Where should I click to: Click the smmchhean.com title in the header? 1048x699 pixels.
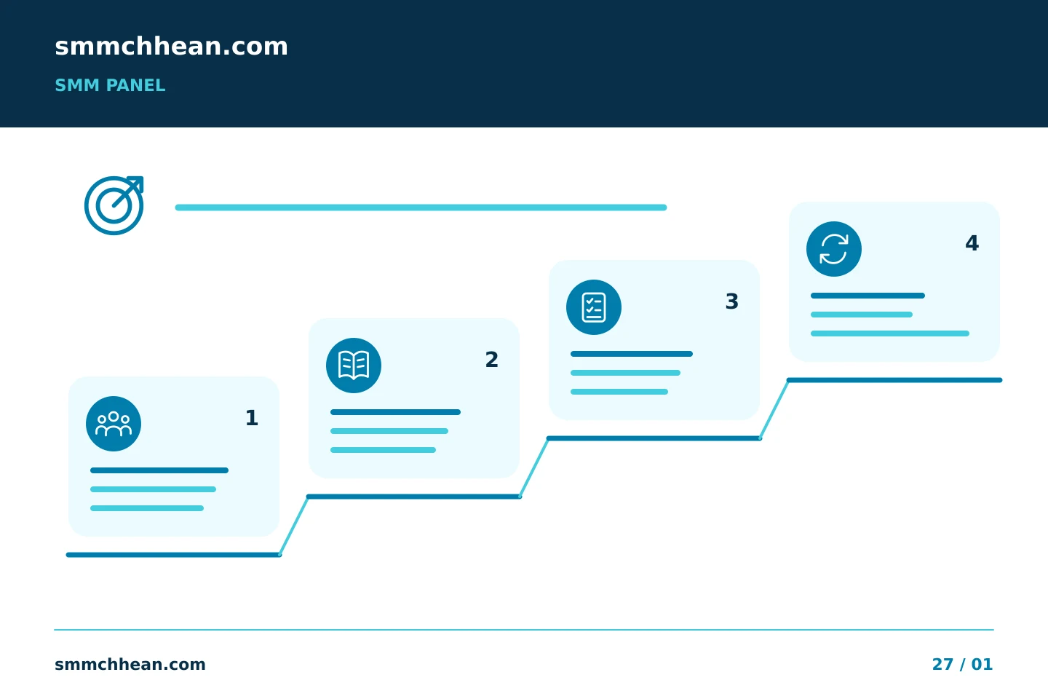click(x=171, y=47)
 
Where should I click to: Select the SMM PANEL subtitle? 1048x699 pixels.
click(x=110, y=85)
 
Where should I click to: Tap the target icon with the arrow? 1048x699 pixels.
click(x=114, y=205)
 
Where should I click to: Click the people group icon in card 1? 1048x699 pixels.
click(x=114, y=424)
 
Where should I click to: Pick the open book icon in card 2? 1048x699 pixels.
click(x=354, y=366)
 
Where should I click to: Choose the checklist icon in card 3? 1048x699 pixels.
click(x=594, y=307)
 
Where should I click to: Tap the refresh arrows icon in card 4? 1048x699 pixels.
click(x=834, y=249)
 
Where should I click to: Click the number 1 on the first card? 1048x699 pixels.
click(x=252, y=418)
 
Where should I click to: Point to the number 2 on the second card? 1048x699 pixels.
click(x=492, y=360)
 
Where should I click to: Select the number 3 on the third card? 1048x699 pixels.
click(x=731, y=301)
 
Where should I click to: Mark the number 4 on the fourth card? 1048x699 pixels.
click(x=972, y=243)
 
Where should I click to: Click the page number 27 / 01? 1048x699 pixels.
click(x=962, y=664)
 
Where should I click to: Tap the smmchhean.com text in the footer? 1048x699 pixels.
click(x=130, y=664)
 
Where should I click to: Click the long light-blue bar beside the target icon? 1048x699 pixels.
click(x=421, y=208)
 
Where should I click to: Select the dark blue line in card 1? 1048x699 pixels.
click(x=159, y=470)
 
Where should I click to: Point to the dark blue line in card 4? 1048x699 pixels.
click(x=868, y=296)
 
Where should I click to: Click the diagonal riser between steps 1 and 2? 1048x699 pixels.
click(x=294, y=526)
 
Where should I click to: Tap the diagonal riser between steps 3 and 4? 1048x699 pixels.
click(x=774, y=409)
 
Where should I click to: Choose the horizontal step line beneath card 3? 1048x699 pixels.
click(x=654, y=438)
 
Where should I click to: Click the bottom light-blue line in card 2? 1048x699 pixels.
click(x=383, y=450)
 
